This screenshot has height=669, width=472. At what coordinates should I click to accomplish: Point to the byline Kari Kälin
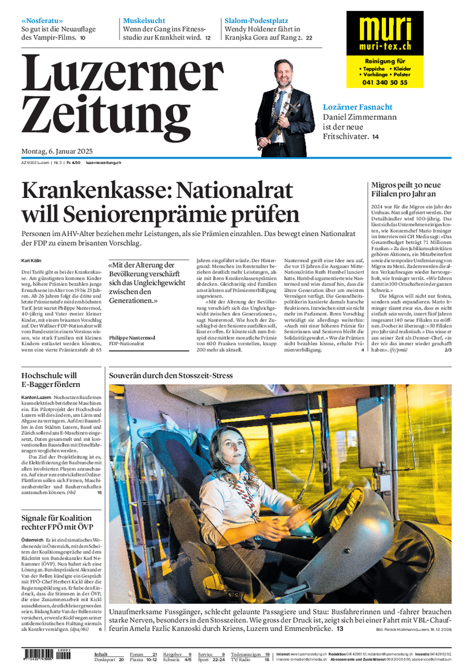[31, 261]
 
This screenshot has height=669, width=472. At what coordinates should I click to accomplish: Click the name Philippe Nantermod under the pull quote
[132, 337]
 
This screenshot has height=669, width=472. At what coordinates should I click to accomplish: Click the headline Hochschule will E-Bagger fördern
[50, 380]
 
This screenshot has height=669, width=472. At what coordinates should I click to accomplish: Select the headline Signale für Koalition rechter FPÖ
[57, 522]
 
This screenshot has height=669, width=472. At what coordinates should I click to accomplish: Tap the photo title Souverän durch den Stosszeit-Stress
[171, 375]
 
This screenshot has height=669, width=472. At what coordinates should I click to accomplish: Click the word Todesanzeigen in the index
[247, 654]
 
